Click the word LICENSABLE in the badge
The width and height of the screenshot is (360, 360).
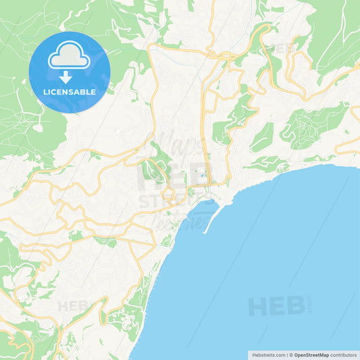pos(69,91)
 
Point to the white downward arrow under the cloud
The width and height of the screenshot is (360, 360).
pos(69,74)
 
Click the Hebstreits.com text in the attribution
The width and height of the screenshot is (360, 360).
pos(269,354)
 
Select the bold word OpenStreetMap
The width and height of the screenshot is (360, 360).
pos(311,354)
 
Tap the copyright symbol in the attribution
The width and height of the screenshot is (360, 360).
pos(291,354)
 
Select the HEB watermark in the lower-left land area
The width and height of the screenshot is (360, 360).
pos(73,306)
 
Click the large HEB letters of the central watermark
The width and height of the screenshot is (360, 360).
pos(169,177)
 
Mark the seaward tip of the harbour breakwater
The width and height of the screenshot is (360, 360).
pos(204,232)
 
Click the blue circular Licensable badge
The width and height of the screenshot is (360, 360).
pos(69,72)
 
